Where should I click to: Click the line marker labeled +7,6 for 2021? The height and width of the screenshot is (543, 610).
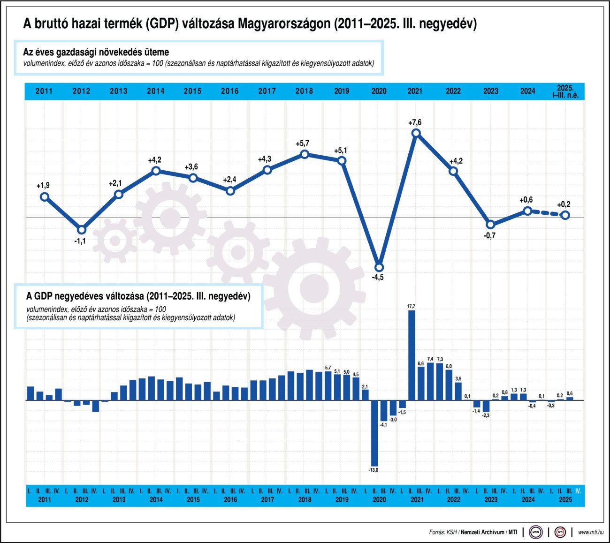[416, 133]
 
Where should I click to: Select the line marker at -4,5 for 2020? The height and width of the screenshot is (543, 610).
[379, 268]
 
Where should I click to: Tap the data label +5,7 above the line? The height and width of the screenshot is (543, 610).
[302, 143]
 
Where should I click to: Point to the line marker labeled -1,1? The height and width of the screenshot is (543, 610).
[82, 230]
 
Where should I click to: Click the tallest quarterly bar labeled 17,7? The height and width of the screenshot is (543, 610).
[412, 355]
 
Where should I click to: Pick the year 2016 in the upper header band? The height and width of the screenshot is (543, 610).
[229, 91]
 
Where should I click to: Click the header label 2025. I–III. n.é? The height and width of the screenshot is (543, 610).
[565, 91]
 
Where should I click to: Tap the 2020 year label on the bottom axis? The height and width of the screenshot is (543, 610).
[379, 499]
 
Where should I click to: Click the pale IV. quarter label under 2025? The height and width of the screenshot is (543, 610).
[578, 491]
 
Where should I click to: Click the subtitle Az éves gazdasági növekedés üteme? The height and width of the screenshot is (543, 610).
[96, 52]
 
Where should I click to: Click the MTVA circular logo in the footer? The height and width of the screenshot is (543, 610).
[535, 532]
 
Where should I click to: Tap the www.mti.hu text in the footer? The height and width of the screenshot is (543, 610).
[590, 532]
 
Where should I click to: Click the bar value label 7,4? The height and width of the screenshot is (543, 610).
[430, 359]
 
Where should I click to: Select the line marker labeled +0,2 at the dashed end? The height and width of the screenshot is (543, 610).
[565, 215]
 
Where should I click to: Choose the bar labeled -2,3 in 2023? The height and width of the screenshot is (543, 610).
[486, 406]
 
